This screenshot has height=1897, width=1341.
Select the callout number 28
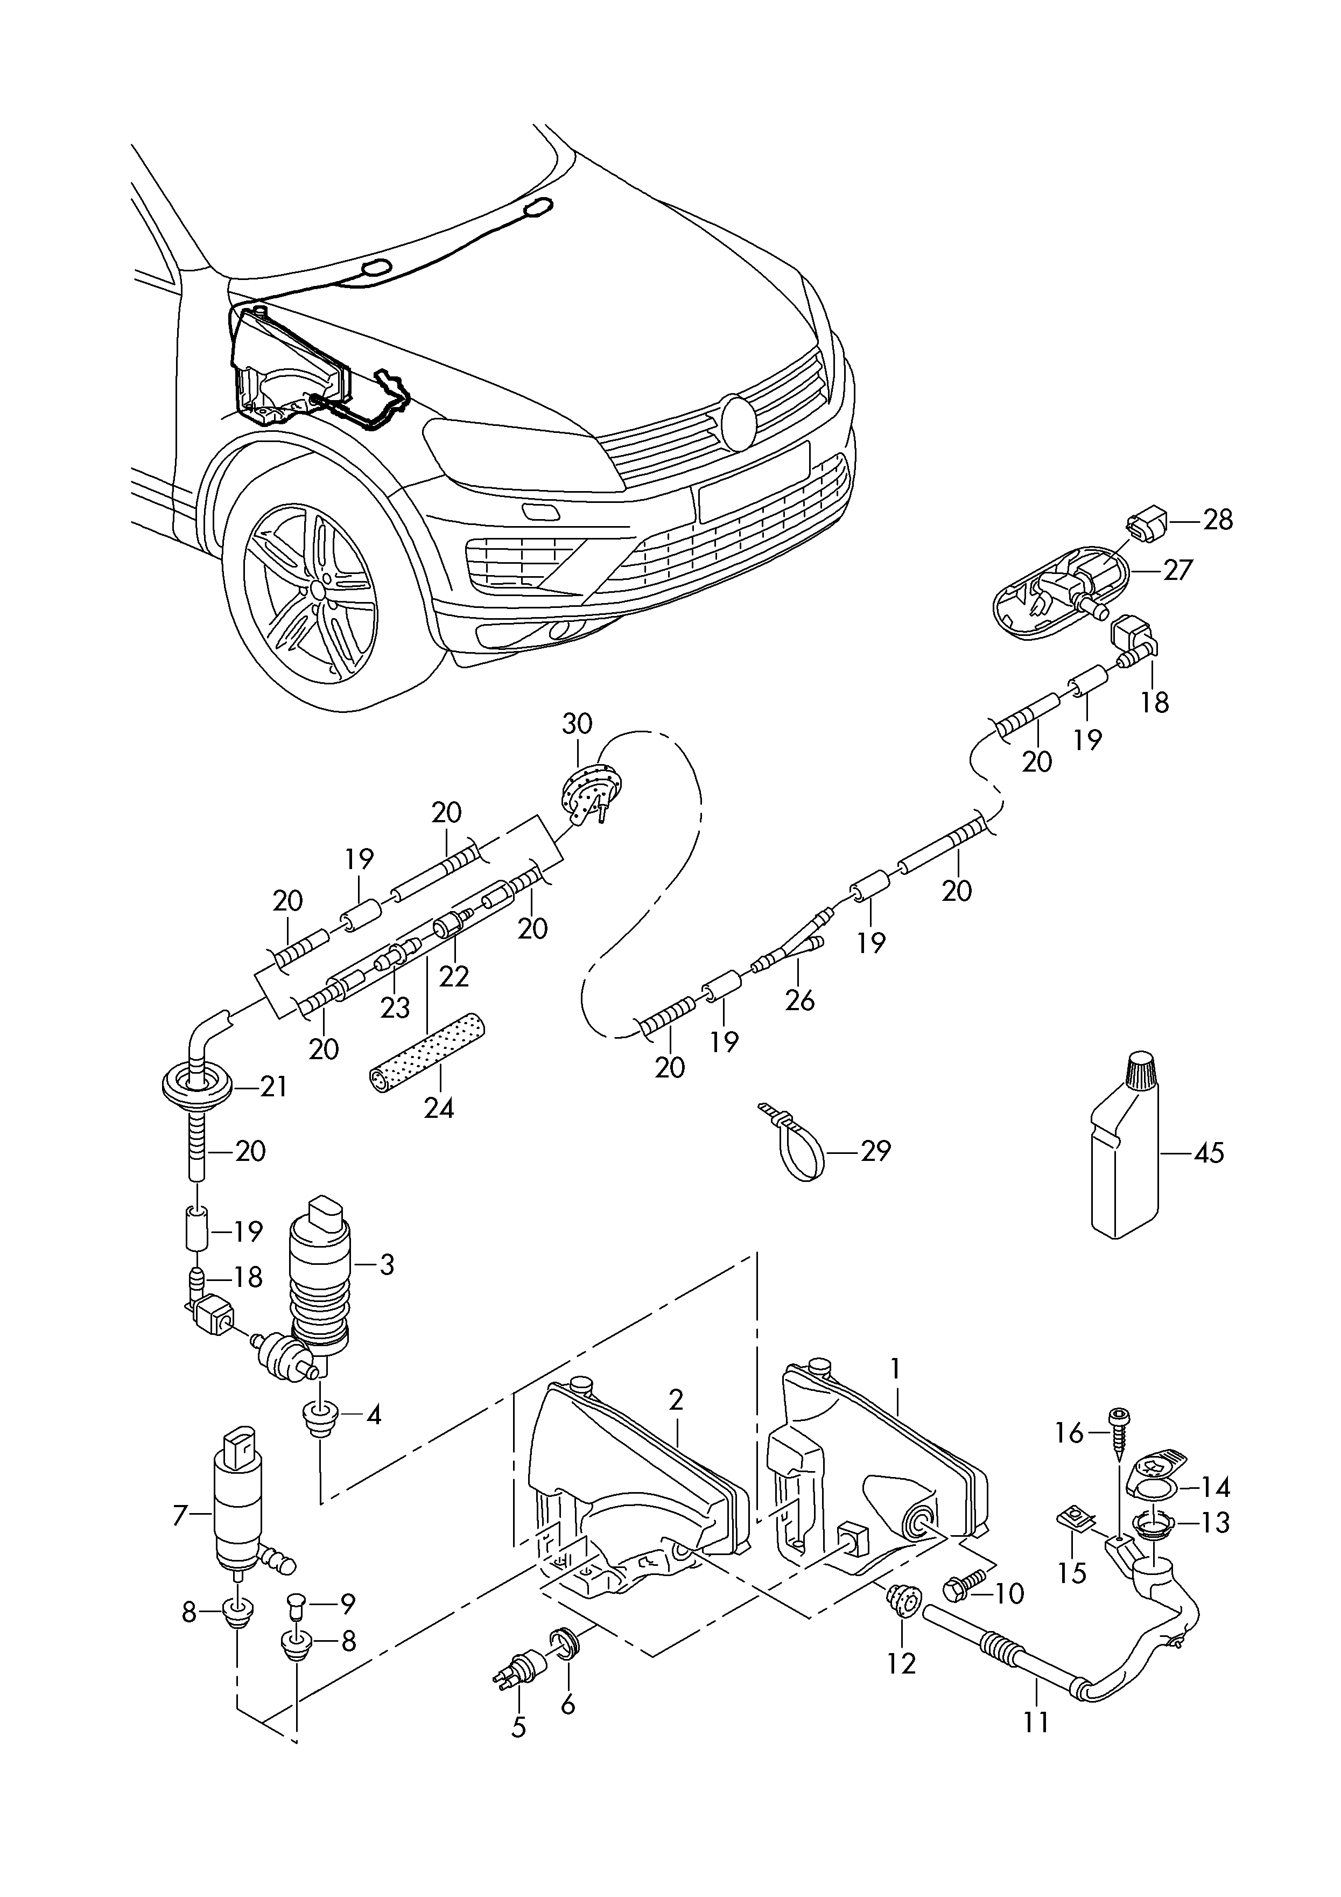tap(1218, 521)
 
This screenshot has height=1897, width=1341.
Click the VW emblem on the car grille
tap(738, 422)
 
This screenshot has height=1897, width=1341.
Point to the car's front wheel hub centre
tap(317, 590)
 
